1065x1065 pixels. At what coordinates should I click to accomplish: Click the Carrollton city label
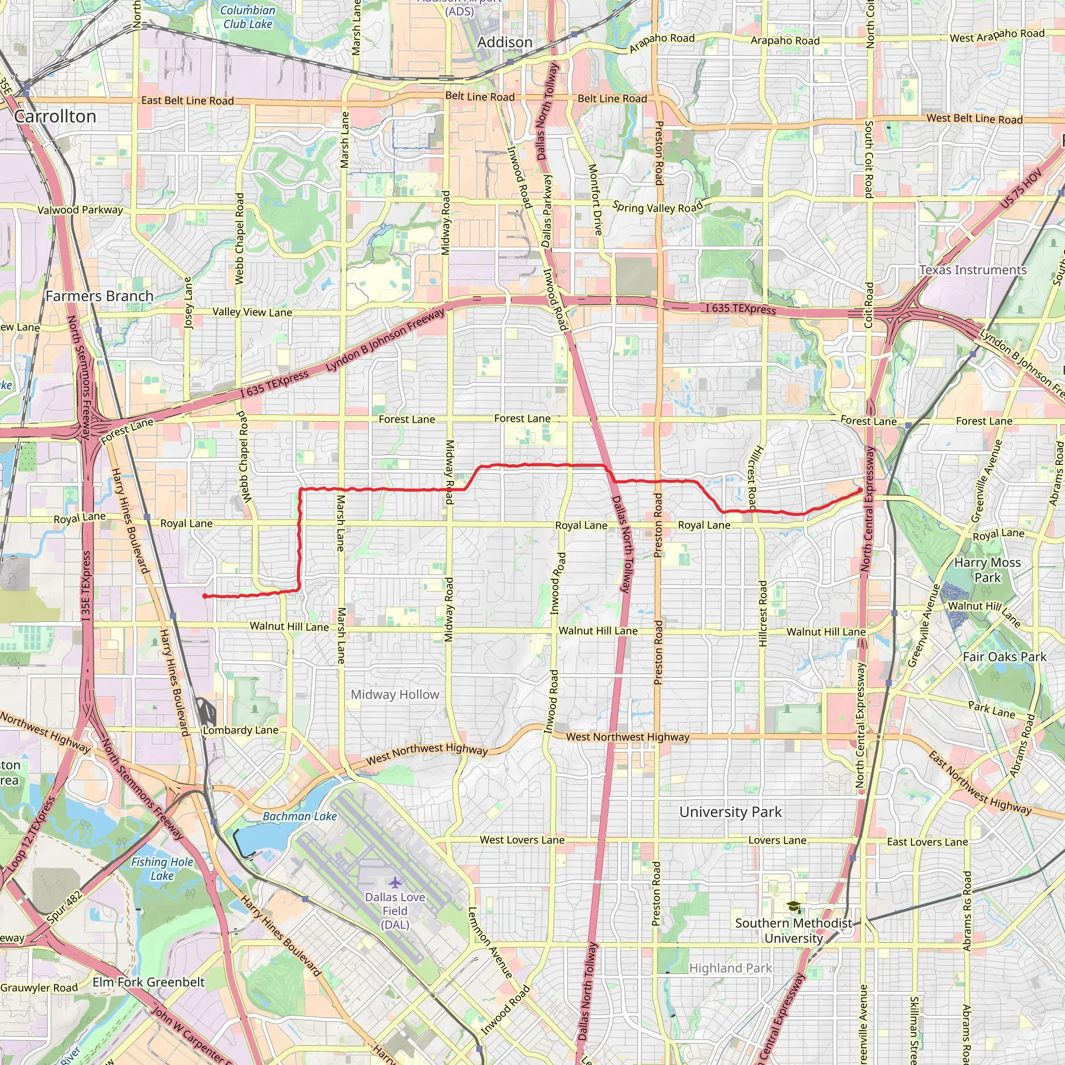click(x=55, y=116)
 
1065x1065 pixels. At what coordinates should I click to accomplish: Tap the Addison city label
click(x=504, y=43)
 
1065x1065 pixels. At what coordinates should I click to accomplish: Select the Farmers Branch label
click(x=99, y=296)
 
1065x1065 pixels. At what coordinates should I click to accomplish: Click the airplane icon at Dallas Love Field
click(x=395, y=882)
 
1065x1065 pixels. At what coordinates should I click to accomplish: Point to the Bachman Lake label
click(x=300, y=816)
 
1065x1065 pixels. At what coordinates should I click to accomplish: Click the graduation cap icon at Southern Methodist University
click(x=793, y=906)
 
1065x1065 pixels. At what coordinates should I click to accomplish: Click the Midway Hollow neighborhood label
click(x=395, y=695)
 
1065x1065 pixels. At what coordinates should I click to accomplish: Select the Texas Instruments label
click(x=972, y=270)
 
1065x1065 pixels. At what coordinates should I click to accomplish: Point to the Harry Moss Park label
click(x=988, y=570)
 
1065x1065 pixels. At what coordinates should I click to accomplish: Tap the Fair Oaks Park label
click(x=1004, y=657)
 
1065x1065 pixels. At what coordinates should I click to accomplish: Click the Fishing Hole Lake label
click(x=162, y=869)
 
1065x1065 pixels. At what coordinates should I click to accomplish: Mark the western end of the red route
click(x=204, y=596)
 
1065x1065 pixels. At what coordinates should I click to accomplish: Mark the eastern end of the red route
click(x=861, y=489)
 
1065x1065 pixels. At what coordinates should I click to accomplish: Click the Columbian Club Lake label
click(x=248, y=17)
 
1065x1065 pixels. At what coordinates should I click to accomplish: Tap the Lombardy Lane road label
click(x=240, y=731)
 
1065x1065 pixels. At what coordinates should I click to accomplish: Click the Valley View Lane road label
click(x=252, y=312)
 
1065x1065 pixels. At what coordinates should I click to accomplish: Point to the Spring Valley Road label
click(x=658, y=208)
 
